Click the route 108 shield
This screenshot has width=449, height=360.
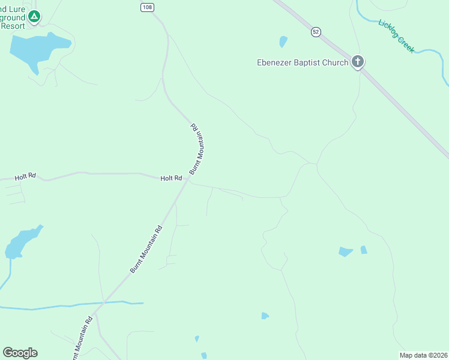pos(147,7)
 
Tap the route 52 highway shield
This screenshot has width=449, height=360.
pos(316,32)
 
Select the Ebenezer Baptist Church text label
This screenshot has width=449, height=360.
pos(303,62)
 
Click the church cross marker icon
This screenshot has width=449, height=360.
pos(358,61)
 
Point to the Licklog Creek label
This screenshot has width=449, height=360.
pos(396,36)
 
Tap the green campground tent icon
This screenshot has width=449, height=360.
pos(34,16)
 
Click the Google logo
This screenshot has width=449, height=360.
pos(20,353)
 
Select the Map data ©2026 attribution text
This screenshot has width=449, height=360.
pos(423,355)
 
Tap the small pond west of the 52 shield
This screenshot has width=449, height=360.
pos(283,41)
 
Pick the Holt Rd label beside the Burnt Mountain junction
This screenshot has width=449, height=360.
pos(171,178)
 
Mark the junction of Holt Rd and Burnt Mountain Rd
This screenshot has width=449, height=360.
pos(187,182)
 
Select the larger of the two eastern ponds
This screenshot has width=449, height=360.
pos(345,251)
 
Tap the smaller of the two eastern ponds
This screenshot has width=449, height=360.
pos(364,250)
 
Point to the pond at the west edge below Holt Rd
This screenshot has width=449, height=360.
pos(21,242)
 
